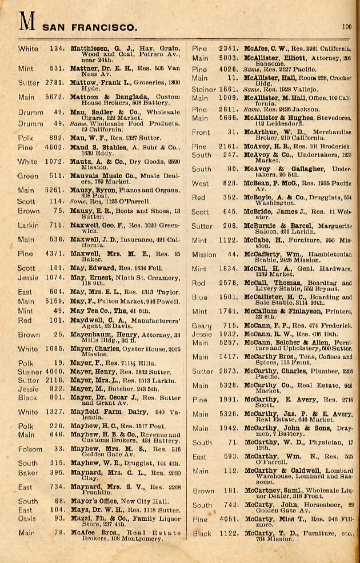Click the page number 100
347,26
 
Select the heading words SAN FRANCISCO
90,27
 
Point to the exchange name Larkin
28,226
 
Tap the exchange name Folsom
29,449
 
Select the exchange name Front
201,132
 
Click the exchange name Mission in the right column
204,255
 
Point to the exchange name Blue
199,297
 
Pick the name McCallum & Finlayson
286,311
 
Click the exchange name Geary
201,325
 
